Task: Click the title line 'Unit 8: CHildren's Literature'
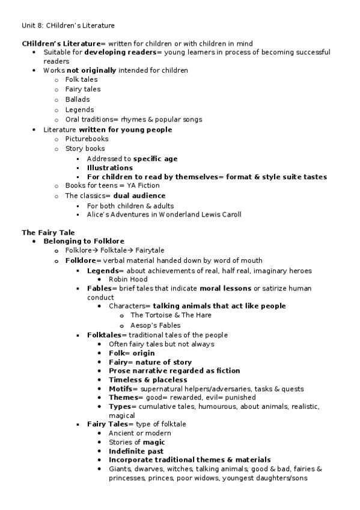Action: pyautogui.click(x=68, y=25)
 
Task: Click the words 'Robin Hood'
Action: pyautogui.click(x=128, y=280)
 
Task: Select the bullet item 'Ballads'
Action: pyautogui.click(x=78, y=99)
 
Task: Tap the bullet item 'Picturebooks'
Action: pyautogui.click(x=87, y=139)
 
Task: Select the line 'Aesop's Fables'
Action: pyautogui.click(x=155, y=325)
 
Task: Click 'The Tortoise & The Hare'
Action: pyautogui.click(x=171, y=315)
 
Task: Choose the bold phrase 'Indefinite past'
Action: pyautogui.click(x=136, y=451)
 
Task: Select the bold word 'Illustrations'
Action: pyautogui.click(x=110, y=168)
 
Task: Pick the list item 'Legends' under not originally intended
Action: pyautogui.click(x=79, y=109)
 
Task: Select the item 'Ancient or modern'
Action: pyautogui.click(x=139, y=433)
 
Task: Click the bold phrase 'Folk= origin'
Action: pyautogui.click(x=132, y=354)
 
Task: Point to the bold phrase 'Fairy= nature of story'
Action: pyautogui.click(x=150, y=363)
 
